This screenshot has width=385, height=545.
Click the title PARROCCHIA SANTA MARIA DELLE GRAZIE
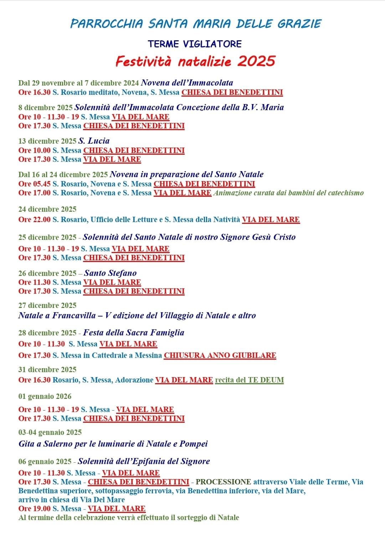pyautogui.click(x=196, y=24)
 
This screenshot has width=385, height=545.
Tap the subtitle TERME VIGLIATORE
pyautogui.click(x=195, y=44)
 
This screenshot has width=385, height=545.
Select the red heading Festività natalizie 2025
pyautogui.click(x=195, y=61)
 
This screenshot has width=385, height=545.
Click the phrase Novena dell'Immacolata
pyautogui.click(x=187, y=83)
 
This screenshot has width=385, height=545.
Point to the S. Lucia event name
pyautogui.click(x=94, y=141)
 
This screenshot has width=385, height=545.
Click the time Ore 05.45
pyautogui.click(x=34, y=184)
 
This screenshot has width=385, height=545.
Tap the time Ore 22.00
pyautogui.click(x=34, y=220)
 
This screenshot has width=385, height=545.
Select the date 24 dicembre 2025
pyautogui.click(x=47, y=209)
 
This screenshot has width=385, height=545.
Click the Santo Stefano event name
pyautogui.click(x=110, y=273)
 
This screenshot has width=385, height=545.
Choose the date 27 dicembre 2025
pyautogui.click(x=47, y=305)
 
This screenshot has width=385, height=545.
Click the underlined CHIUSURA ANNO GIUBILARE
pyautogui.click(x=220, y=355)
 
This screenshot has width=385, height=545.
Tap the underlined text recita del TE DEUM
pyautogui.click(x=249, y=380)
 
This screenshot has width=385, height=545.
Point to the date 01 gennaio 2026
pyautogui.click(x=45, y=396)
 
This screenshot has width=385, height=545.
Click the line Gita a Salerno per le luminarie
pyautogui.click(x=113, y=444)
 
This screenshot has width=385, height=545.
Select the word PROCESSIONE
pyautogui.click(x=223, y=482)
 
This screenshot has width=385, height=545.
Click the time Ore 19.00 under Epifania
pyautogui.click(x=34, y=509)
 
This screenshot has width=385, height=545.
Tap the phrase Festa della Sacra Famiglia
pyautogui.click(x=133, y=333)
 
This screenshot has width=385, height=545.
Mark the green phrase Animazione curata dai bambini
pyautogui.click(x=288, y=193)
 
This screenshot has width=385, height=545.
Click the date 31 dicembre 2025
pyautogui.click(x=47, y=370)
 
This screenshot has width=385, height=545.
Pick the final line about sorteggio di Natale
pyautogui.click(x=129, y=518)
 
